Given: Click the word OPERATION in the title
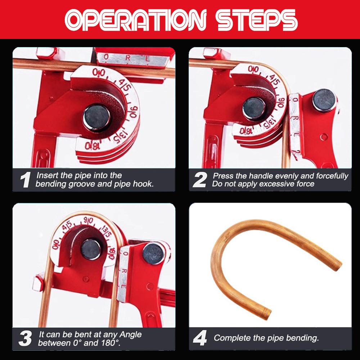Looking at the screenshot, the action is point(135,20).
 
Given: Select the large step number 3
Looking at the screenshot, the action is point(25,338).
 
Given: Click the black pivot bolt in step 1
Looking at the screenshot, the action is point(96,118).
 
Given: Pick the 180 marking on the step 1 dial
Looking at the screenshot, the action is point(92,146).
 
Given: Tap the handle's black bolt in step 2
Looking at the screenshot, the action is point(324,100).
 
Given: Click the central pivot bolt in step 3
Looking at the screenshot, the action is point(91,249).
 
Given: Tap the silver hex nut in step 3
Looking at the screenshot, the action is point(38,283).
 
